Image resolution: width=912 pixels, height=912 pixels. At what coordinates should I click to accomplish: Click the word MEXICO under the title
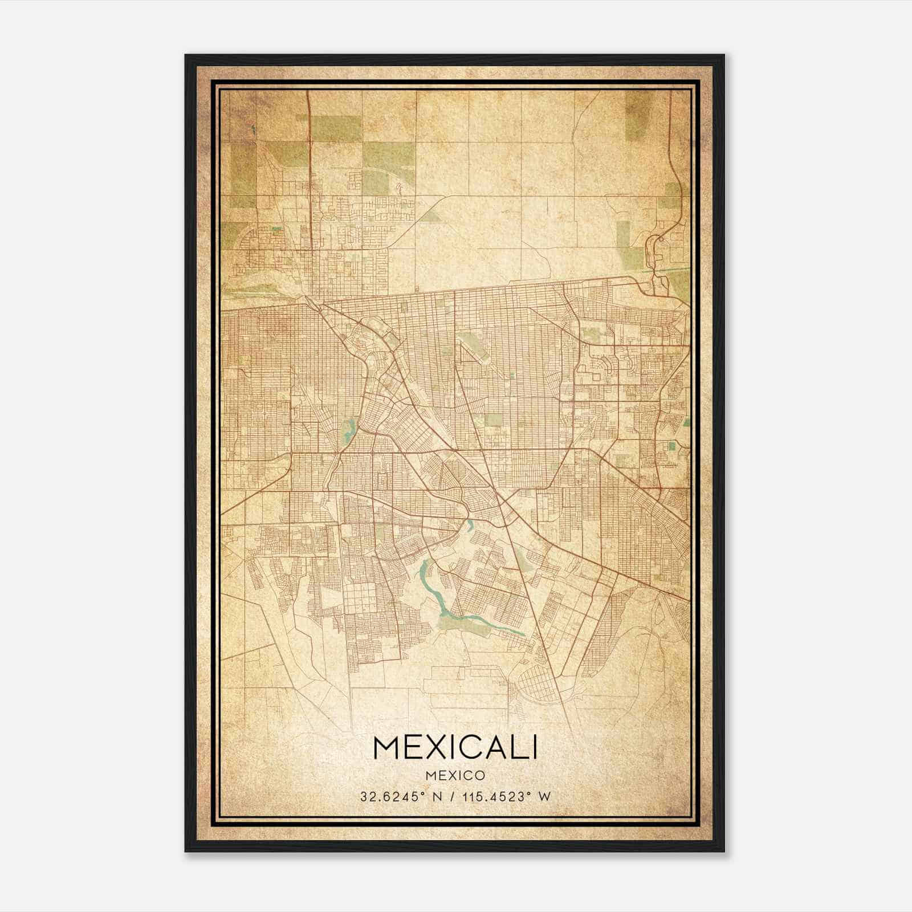pyautogui.click(x=455, y=775)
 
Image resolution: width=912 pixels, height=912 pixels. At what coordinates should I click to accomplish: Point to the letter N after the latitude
pyautogui.click(x=437, y=796)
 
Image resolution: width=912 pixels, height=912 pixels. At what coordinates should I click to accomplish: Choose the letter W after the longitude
pyautogui.click(x=545, y=796)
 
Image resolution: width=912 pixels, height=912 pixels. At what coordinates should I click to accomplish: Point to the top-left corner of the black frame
pyautogui.click(x=186, y=56)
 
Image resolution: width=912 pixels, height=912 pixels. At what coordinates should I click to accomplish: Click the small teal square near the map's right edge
pyautogui.click(x=671, y=446)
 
